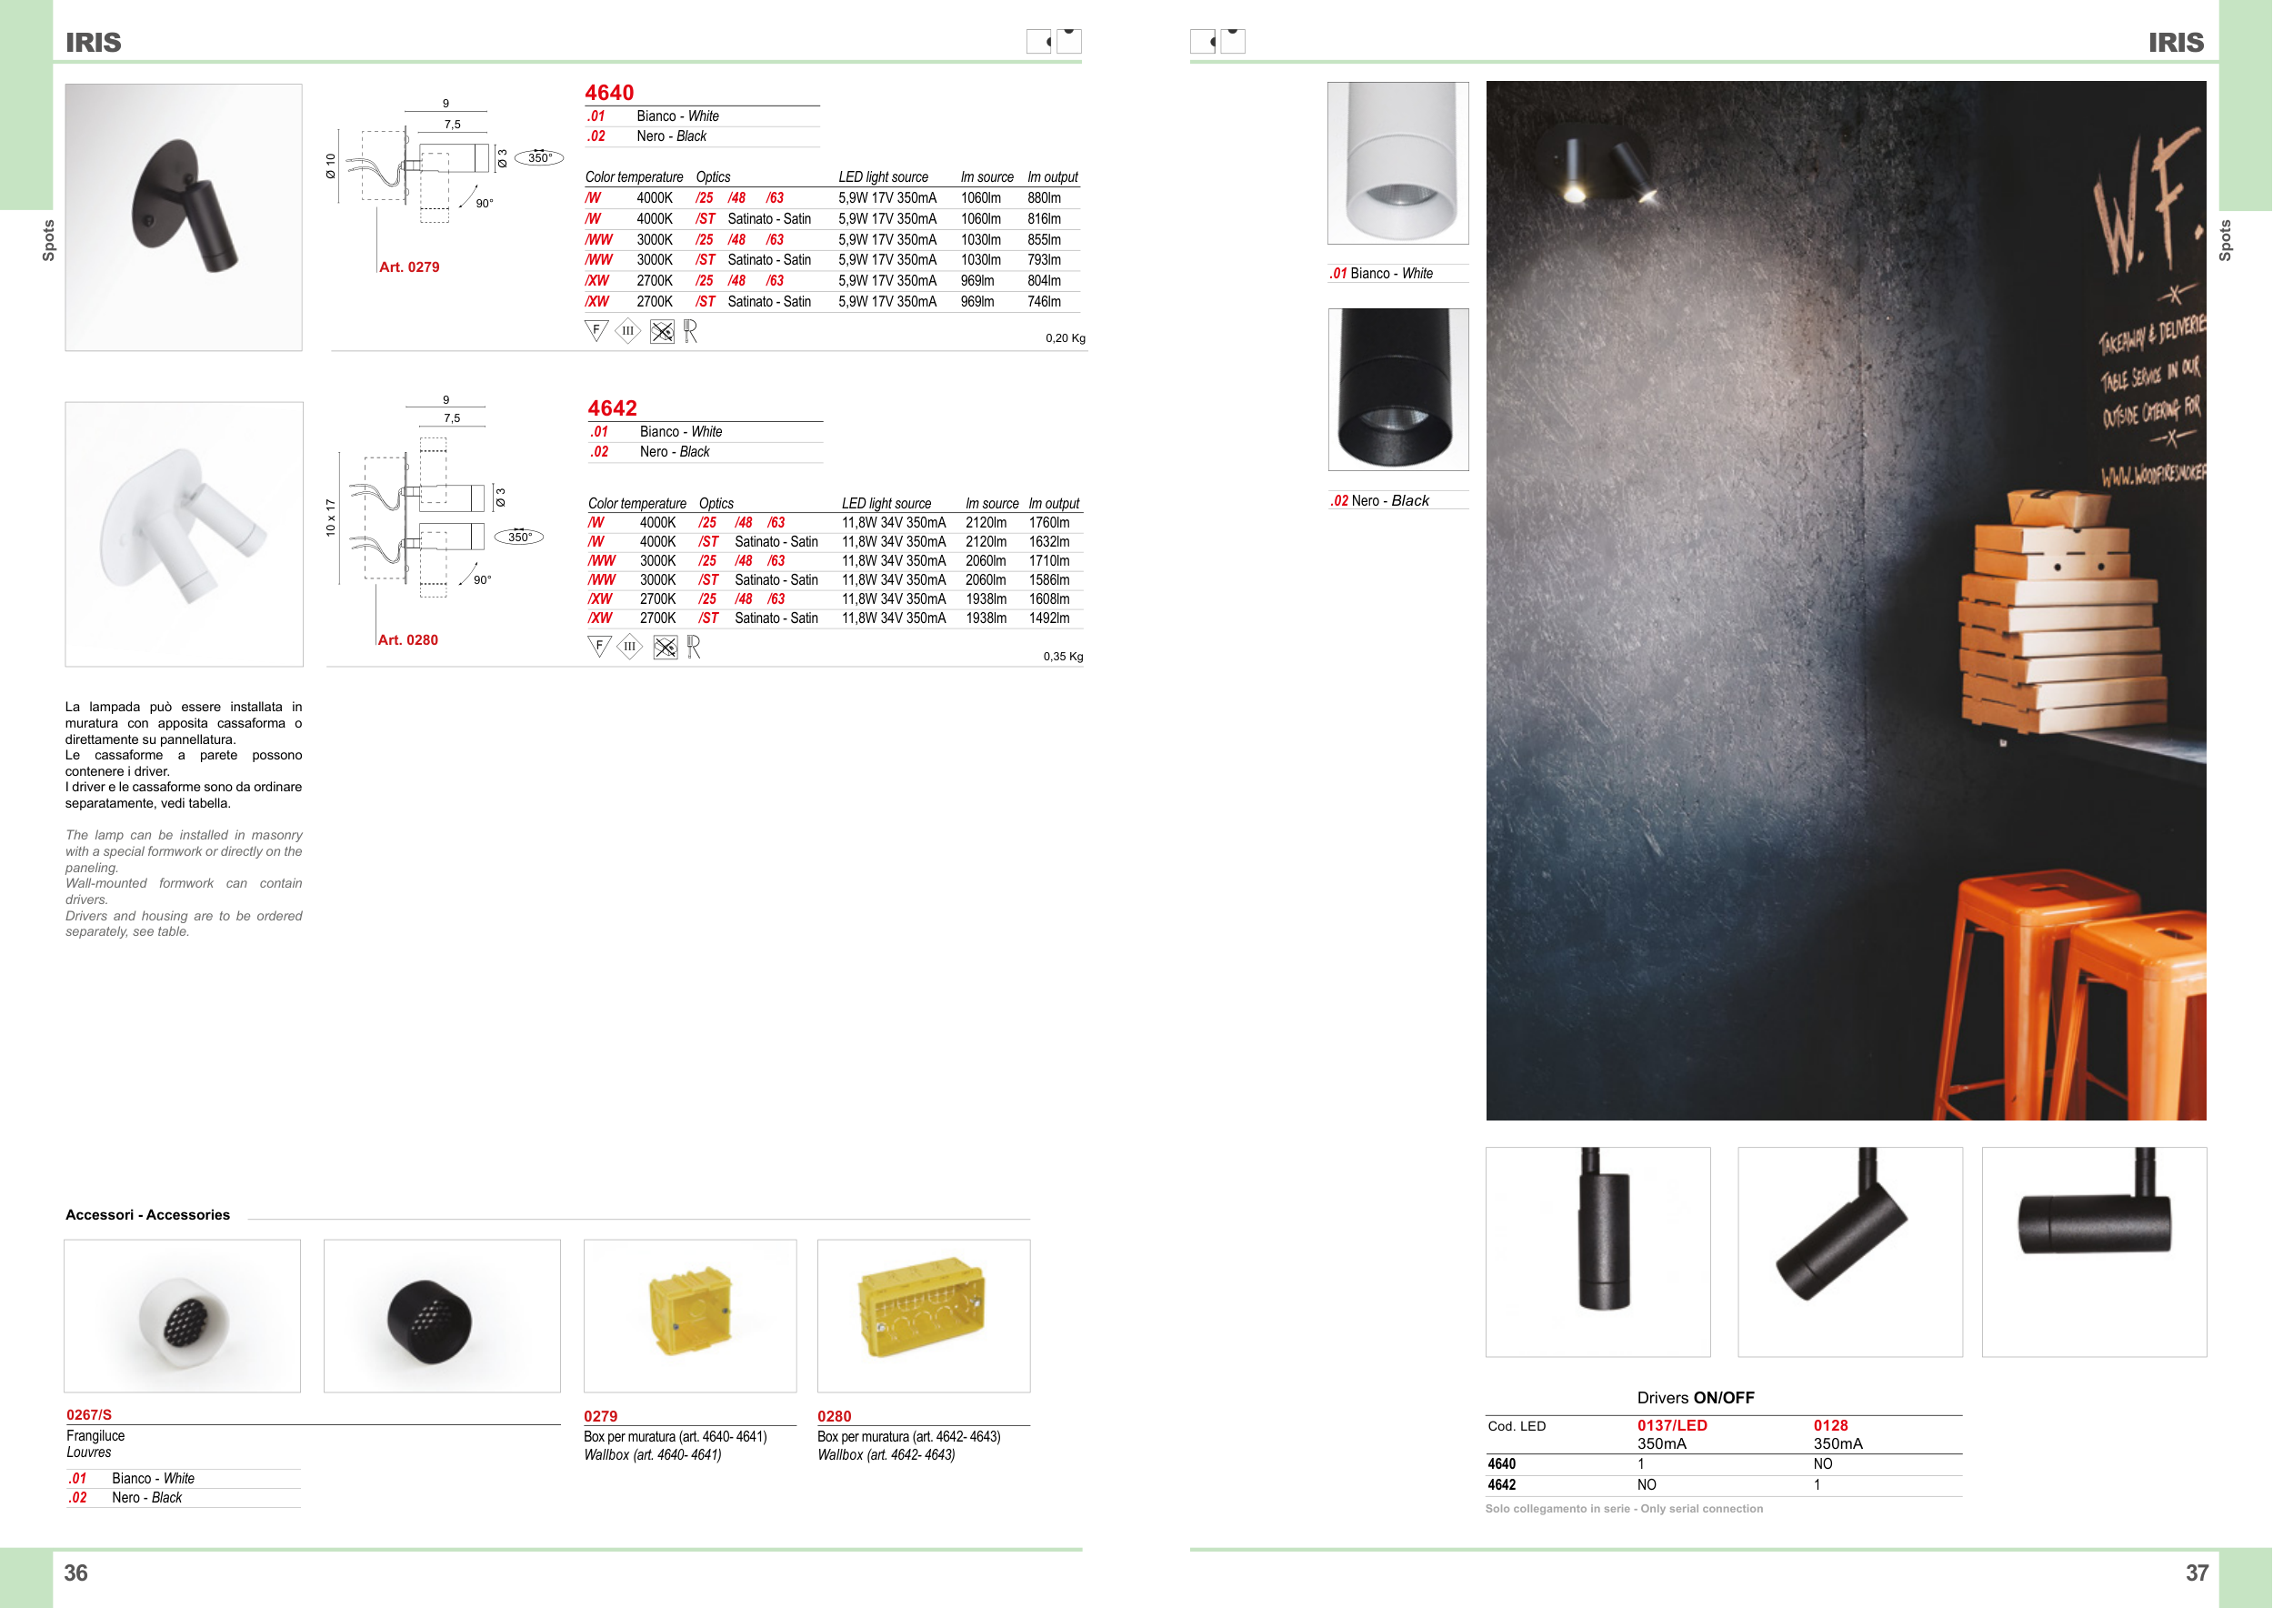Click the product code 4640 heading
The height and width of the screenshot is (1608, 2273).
coord(609,92)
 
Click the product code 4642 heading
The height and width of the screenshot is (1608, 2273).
coord(612,408)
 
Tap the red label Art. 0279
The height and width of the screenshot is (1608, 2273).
coord(409,267)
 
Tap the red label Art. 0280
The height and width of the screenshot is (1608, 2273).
coord(408,640)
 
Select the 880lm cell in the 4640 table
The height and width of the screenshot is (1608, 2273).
coord(1044,198)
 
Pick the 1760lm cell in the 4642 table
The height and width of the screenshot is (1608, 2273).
coord(1048,523)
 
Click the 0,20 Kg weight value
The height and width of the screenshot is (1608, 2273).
coord(1066,338)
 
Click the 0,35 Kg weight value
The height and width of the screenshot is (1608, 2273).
coord(1063,657)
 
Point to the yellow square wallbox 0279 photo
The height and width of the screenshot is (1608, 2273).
coord(690,1315)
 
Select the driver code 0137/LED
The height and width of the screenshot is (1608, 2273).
coord(1672,1426)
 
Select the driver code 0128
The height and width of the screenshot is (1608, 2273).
coord(1830,1426)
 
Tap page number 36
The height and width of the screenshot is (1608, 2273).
coord(76,1573)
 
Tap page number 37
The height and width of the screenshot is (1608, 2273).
coord(2197,1573)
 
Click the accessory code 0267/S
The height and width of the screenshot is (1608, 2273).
coord(89,1415)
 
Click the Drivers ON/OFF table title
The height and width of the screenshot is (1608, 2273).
coord(1696,1398)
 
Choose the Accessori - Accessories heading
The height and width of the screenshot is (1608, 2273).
coord(147,1215)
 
